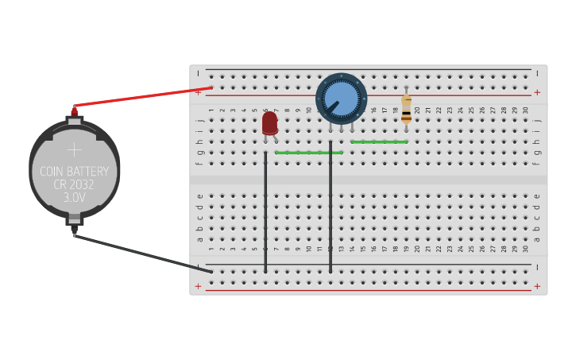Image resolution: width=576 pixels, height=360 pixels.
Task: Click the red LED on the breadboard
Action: coord(269,122)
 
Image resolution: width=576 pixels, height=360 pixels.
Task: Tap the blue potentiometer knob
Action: coord(342,98)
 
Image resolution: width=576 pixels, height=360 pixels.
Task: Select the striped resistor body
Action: coord(406,110)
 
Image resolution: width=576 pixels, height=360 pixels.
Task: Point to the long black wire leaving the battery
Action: coord(143,253)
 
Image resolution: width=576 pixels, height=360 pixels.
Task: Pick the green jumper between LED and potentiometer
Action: coord(309,152)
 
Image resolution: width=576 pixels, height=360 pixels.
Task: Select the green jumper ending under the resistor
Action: coord(379,142)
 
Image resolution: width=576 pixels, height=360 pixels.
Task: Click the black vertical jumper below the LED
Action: coord(265,215)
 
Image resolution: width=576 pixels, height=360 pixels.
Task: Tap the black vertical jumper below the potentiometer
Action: coord(331,215)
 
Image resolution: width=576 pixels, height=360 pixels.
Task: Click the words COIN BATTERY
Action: coord(74,172)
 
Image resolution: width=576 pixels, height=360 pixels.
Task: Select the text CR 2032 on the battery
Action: coord(74,185)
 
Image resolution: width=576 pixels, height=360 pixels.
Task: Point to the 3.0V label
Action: coord(74,198)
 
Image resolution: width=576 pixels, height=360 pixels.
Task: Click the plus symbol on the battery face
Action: coord(74,149)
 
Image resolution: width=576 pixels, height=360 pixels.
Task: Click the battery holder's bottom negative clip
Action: coord(74,220)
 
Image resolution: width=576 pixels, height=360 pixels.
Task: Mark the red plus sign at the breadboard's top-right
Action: coord(537,92)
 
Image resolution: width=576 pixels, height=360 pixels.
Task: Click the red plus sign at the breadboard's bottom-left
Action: coord(198,286)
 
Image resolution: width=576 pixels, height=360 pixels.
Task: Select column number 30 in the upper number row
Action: coord(526,110)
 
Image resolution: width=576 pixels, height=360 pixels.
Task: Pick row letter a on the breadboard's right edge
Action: coord(537,238)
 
